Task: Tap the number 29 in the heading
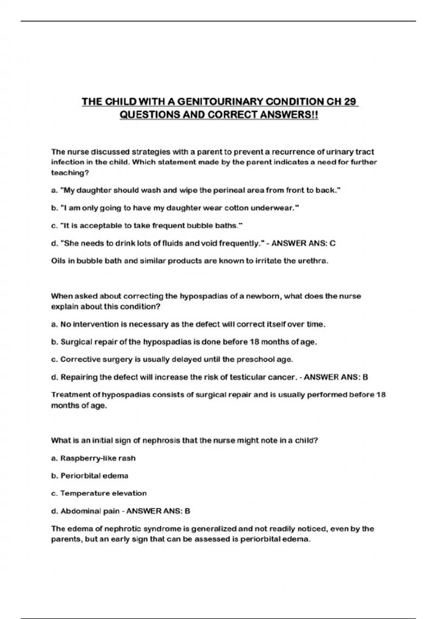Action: (350, 102)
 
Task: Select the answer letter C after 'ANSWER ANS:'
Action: (332, 243)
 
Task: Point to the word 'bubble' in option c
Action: (199, 226)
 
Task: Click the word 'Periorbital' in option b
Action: (80, 476)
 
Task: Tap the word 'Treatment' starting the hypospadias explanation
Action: (71, 395)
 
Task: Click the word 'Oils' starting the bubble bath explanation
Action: (58, 261)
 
